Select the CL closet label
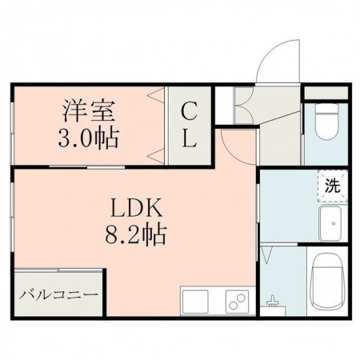[x=189, y=125]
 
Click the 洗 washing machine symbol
[x=330, y=186]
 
